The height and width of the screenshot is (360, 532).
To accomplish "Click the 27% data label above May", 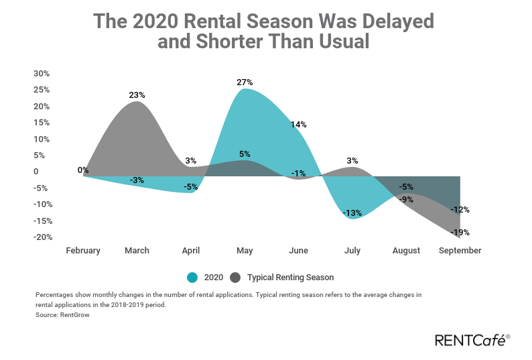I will coord(245,82).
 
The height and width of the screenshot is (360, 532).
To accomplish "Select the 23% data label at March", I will coord(137,95).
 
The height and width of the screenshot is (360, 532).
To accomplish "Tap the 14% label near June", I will coord(298,125).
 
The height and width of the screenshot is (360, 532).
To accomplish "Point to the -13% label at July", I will coord(352,213).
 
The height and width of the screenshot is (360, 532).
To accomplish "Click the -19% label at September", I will coord(460,233).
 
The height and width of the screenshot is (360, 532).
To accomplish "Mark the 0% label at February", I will coord(83,170).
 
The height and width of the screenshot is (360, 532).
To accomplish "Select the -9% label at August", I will coord(406,199).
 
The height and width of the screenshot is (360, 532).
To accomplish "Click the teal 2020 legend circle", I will coord(192,278).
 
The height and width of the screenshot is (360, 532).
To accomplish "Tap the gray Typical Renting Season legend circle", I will coord(235,278).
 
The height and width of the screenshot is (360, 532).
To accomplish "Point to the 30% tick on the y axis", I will coord(42,74).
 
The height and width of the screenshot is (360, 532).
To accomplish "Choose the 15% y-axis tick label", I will coord(42,123).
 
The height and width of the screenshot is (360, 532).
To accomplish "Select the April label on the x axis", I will coord(191,251).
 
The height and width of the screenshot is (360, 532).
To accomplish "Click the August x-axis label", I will coord(406,251).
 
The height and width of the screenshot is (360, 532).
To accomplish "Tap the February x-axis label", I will coord(83,251).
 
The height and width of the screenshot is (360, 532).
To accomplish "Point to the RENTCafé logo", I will coord(472,340).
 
